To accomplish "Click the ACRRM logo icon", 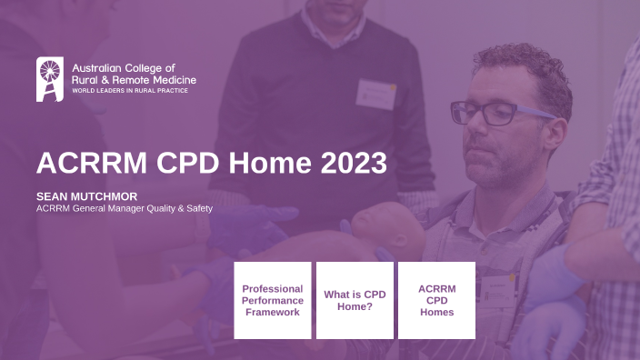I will pos(50,79).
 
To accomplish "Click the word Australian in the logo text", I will pos(98,68).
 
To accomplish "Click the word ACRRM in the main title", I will pos(86,164).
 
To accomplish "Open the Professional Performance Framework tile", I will pos(273,300).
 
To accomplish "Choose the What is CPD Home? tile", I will pos(355,300).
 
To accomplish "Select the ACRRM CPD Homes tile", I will pos(436,300).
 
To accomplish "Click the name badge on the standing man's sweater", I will pos(375,94).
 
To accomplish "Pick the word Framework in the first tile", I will pos(273,312).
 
